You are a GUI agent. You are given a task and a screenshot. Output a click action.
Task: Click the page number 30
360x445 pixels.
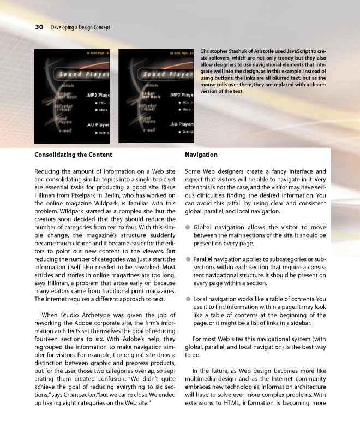(x=39, y=27)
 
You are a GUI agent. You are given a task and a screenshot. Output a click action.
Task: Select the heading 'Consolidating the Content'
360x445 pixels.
(x=73, y=155)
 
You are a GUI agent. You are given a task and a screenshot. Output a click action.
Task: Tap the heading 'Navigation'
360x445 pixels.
(x=201, y=155)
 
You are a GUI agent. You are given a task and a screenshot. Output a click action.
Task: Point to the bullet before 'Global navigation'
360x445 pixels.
(x=188, y=227)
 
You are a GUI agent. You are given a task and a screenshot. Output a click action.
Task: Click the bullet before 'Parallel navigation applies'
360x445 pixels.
(x=188, y=259)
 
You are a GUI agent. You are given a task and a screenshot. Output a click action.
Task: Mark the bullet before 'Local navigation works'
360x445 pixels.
(x=188, y=299)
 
